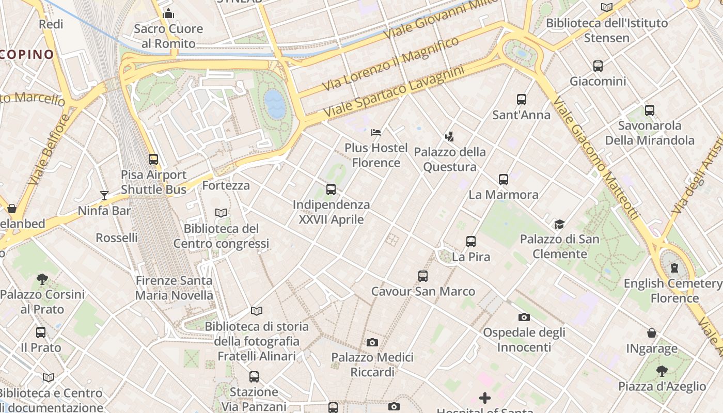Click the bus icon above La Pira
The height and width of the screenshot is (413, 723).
(470, 241)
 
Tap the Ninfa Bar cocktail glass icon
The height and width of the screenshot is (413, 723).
(104, 195)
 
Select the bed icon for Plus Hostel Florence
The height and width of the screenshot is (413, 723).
(376, 133)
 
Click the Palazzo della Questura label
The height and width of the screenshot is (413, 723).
(450, 159)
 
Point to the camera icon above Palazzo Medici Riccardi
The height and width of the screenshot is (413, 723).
(372, 342)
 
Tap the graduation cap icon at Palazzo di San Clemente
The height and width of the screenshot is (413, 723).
(559, 224)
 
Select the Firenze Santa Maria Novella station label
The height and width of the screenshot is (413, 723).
(174, 288)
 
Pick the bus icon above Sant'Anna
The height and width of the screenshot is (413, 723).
(522, 100)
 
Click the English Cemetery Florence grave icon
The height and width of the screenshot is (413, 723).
(674, 267)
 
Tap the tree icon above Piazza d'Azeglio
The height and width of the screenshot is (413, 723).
(662, 371)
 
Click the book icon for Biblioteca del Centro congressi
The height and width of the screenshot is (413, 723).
(221, 213)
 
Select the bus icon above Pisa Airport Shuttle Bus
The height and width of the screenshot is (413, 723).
(153, 160)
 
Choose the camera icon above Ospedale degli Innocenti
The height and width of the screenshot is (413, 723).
(524, 317)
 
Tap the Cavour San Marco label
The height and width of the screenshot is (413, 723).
(423, 291)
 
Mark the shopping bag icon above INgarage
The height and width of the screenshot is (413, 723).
(652, 333)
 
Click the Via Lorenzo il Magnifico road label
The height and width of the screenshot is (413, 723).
(390, 64)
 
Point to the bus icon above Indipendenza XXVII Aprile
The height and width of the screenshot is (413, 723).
(331, 189)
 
